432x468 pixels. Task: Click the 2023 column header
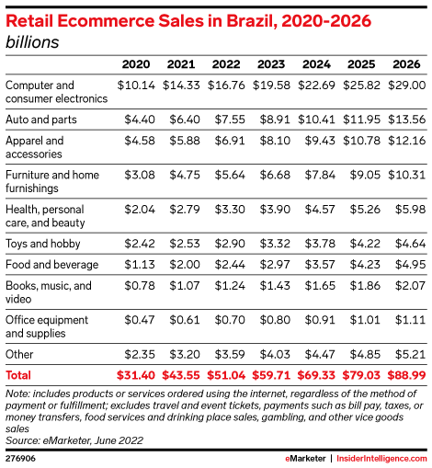click(271, 64)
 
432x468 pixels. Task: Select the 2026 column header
click(406, 64)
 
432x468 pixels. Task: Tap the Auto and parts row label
click(41, 120)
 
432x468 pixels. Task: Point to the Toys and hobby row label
click(43, 244)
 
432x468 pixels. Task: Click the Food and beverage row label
click(52, 265)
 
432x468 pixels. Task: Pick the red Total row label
click(18, 375)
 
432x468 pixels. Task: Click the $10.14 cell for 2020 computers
click(136, 86)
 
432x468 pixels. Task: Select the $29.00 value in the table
click(407, 86)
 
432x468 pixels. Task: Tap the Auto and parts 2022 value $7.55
click(230, 120)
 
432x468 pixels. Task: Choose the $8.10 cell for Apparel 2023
click(275, 141)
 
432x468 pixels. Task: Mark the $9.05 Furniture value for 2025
click(365, 175)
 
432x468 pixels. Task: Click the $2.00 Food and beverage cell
click(185, 265)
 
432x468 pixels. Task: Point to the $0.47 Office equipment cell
click(140, 320)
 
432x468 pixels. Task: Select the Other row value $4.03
click(275, 355)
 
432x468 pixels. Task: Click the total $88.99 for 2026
click(407, 375)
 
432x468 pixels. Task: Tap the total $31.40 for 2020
click(136, 375)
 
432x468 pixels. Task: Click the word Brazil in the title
click(251, 21)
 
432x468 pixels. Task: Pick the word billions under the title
click(32, 42)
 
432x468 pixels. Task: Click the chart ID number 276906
click(20, 459)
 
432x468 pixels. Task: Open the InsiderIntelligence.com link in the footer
click(381, 459)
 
